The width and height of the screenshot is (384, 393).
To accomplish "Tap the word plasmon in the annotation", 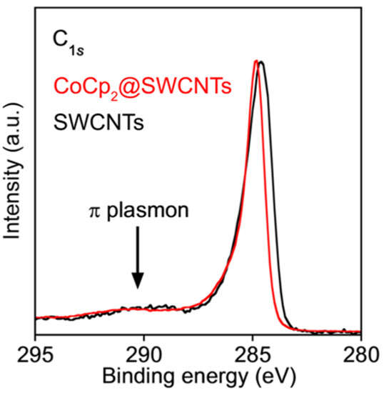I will pyautogui.click(x=147, y=213).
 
